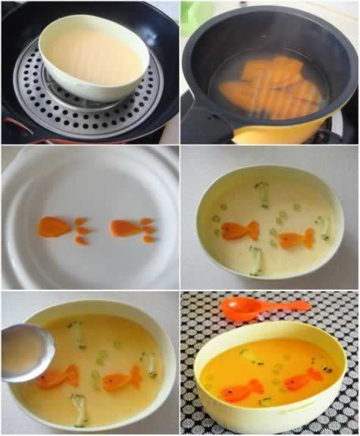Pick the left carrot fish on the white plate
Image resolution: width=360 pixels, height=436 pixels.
pyautogui.click(x=54, y=227)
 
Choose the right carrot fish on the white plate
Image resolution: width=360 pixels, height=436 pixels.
pyautogui.click(x=126, y=229)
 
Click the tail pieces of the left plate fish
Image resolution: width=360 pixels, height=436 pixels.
pyautogui.click(x=82, y=229)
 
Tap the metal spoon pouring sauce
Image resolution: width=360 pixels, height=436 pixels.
pyautogui.click(x=26, y=353)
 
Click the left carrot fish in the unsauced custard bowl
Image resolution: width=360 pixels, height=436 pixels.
pyautogui.click(x=237, y=231)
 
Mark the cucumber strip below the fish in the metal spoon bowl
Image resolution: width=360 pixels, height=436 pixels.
pyautogui.click(x=79, y=408)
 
